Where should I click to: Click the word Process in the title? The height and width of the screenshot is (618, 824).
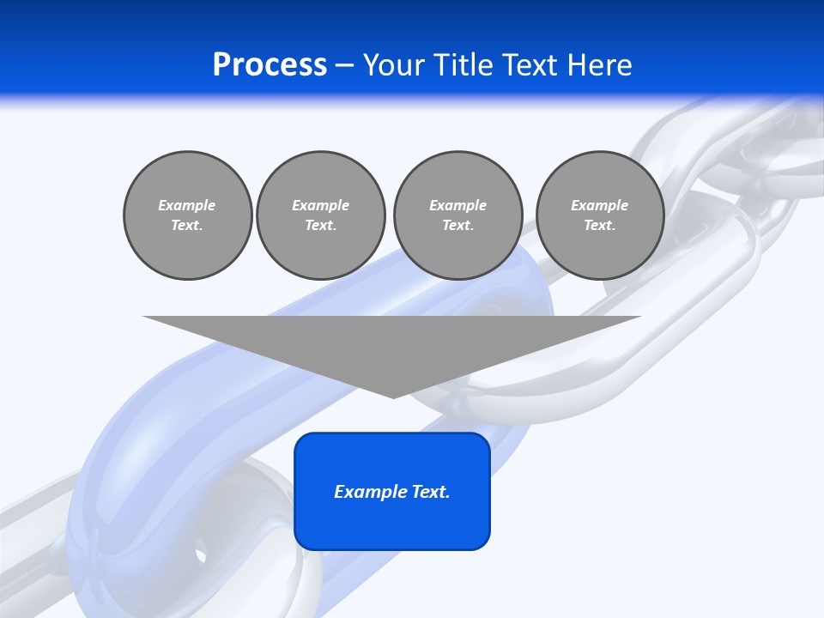coord(270,65)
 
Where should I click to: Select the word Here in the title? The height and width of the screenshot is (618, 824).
coord(597,65)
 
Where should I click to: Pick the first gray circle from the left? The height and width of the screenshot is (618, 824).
coord(187,215)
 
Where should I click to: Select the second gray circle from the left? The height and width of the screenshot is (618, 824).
coord(320,215)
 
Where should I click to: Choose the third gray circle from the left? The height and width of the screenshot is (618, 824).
coord(457,215)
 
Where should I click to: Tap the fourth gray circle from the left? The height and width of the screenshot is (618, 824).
coord(599,215)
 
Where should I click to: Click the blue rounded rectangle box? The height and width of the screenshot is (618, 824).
coord(392,491)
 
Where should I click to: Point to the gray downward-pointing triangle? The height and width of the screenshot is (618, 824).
coord(392,343)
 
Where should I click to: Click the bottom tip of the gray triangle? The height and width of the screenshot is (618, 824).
coord(392,396)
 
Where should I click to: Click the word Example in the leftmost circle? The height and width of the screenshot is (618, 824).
coord(187,205)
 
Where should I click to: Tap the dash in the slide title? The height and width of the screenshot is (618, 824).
coord(344,65)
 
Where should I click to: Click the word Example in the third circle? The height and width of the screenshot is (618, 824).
coord(457,205)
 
